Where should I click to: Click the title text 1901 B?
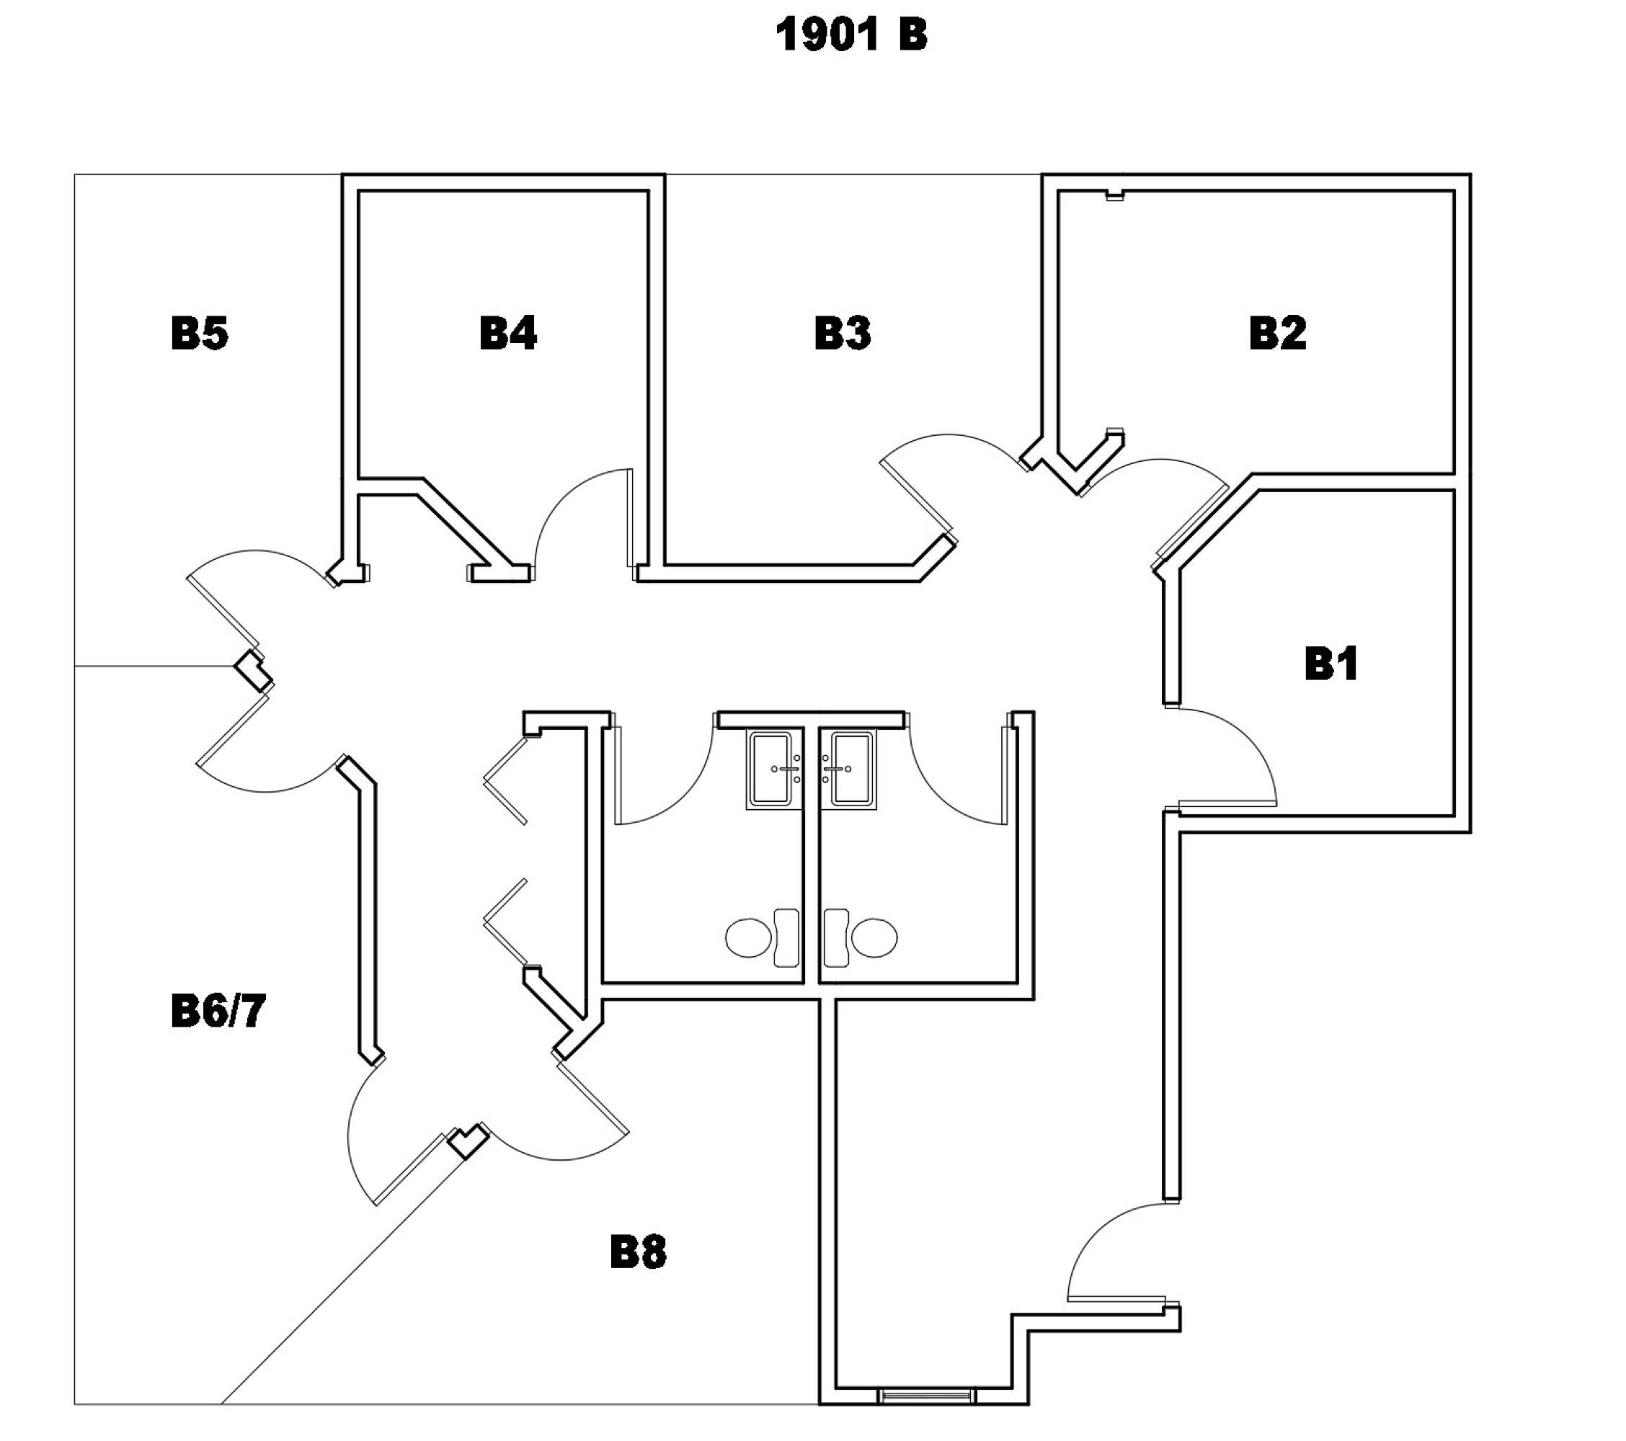pos(851,36)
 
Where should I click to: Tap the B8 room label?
pos(638,1252)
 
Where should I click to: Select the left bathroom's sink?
pos(774,769)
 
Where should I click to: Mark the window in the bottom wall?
pos(926,1418)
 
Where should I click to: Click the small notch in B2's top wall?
pos(1115,195)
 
